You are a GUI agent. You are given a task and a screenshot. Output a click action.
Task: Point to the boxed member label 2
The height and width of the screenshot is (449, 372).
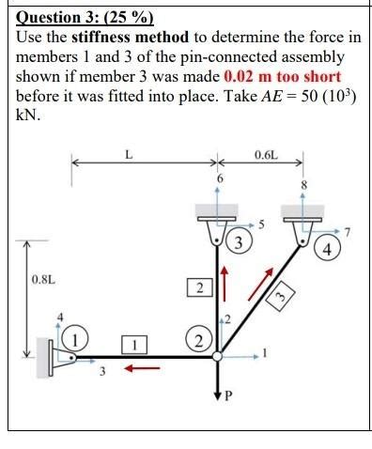(198, 287)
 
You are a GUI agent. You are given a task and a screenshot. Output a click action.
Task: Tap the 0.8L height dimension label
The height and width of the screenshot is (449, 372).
(43, 279)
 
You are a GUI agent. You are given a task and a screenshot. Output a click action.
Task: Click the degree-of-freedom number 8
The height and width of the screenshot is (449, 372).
(304, 184)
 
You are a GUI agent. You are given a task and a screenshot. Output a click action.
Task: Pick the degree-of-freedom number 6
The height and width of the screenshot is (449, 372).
(219, 177)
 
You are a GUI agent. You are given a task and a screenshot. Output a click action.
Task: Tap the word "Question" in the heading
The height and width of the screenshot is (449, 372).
(47, 18)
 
